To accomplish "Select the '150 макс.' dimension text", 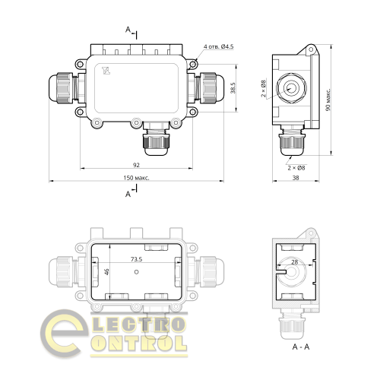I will point(136,178).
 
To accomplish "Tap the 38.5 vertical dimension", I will point(233,88).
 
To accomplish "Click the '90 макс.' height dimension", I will point(328,98).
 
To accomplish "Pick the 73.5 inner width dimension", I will point(136,260).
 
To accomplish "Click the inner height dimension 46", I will point(107,271).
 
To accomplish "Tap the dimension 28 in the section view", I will point(296,262).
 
